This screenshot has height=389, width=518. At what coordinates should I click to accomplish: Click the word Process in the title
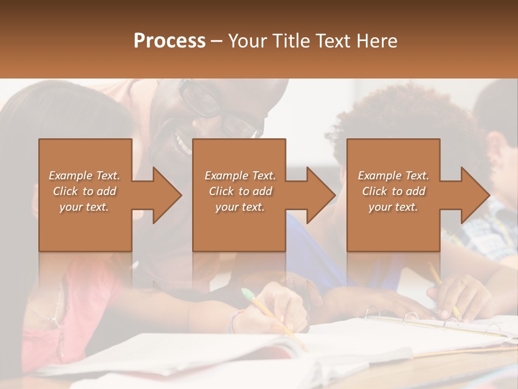[x=169, y=41]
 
